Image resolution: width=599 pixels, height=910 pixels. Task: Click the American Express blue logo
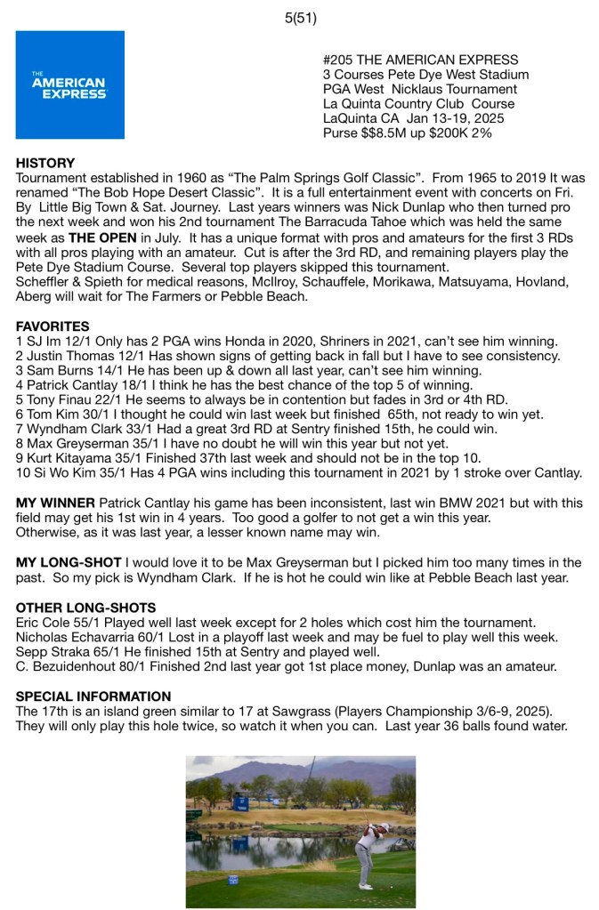(x=69, y=85)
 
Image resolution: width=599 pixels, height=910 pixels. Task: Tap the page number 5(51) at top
(x=300, y=17)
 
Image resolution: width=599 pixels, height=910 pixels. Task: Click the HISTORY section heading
(x=45, y=164)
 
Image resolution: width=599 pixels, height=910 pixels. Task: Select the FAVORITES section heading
(x=53, y=326)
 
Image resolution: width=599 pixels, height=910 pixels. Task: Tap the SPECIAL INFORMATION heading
(x=93, y=697)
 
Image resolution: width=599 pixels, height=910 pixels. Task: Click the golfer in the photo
(x=365, y=844)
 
